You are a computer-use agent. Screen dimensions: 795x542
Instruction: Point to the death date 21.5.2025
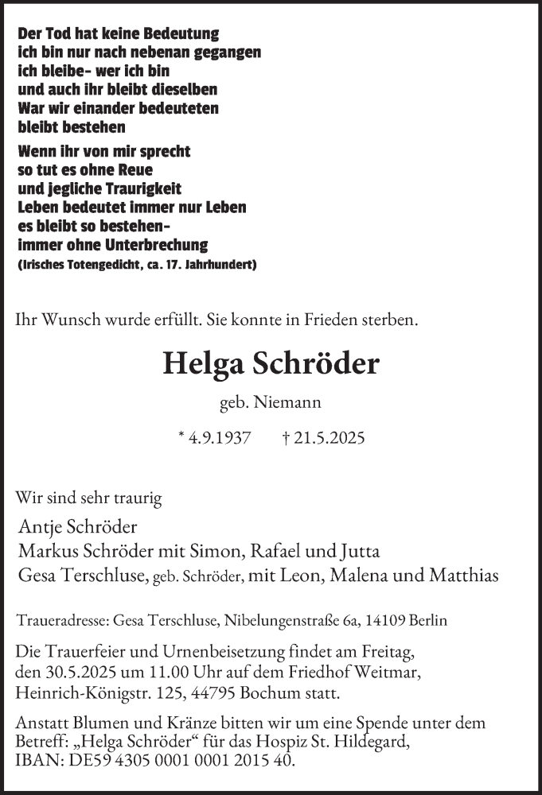pyautogui.click(x=329, y=438)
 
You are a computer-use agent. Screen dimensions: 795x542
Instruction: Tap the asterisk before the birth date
pyautogui.click(x=182, y=437)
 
